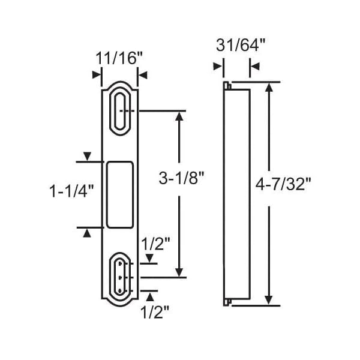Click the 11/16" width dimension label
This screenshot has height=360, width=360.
click(119, 58)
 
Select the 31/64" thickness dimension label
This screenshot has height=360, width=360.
click(241, 45)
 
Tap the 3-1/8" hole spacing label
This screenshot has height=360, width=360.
click(181, 178)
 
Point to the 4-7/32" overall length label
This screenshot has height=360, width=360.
click(283, 184)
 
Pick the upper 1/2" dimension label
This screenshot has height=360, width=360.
click(155, 244)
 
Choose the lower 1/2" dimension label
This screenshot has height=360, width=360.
click(155, 312)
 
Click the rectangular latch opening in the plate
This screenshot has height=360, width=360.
click(120, 195)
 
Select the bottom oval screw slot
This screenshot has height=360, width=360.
click(120, 278)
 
